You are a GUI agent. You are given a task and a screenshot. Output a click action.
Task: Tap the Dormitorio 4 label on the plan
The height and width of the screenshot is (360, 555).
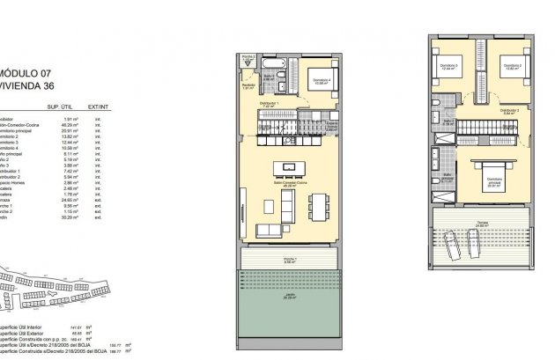(x=322, y=82)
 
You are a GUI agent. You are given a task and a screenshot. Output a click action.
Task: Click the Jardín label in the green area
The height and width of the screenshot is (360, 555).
(x=290, y=298)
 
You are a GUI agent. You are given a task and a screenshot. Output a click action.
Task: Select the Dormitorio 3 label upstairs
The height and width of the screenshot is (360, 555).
(x=450, y=67)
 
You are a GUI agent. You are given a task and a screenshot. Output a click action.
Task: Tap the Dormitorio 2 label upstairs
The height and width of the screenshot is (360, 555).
(x=512, y=66)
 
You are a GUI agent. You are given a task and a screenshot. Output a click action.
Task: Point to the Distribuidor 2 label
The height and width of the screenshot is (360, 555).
(x=509, y=110)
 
